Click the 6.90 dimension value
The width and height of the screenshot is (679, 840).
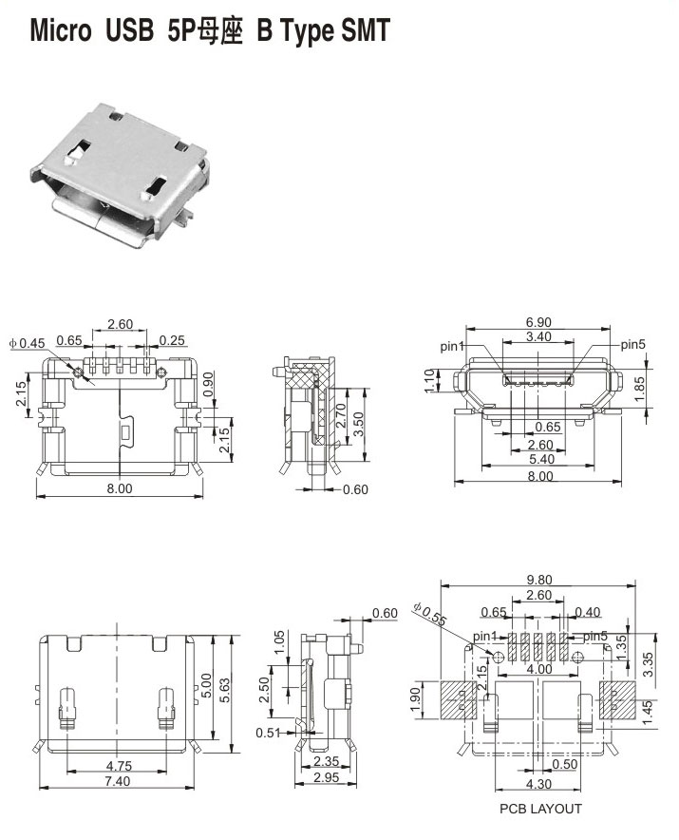(x=538, y=322)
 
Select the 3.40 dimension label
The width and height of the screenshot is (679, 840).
(x=538, y=337)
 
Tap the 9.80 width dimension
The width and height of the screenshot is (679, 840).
(x=538, y=580)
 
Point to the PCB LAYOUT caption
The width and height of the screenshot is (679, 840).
(x=540, y=809)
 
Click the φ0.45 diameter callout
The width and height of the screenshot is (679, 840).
(x=28, y=343)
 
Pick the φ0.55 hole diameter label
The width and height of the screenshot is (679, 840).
(x=429, y=614)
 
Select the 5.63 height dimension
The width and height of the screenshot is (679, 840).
(x=224, y=691)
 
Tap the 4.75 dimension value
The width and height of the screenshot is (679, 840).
(x=119, y=766)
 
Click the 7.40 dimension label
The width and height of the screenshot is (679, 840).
(x=117, y=781)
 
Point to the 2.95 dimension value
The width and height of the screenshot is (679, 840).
(x=326, y=776)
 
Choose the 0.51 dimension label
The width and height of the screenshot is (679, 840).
(x=269, y=733)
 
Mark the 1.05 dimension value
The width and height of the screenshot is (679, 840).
(x=279, y=643)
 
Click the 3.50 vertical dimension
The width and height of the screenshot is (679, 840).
(x=359, y=424)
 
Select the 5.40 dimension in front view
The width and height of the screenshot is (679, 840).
(x=541, y=459)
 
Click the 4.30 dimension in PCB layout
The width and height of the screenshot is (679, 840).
(x=538, y=784)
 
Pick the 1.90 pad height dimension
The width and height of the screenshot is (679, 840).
(x=416, y=700)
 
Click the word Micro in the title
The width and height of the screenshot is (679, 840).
(x=61, y=30)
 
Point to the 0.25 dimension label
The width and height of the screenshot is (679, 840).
(x=172, y=340)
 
